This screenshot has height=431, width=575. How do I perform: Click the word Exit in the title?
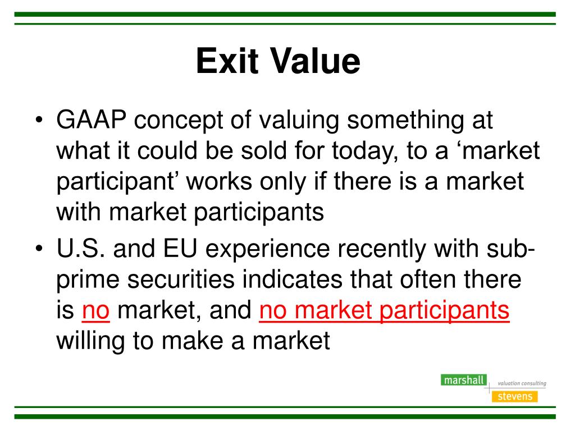click(x=227, y=61)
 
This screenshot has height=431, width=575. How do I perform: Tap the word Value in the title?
click(x=315, y=61)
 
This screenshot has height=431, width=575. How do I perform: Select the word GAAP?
click(x=92, y=120)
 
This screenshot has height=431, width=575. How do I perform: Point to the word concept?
click(x=178, y=121)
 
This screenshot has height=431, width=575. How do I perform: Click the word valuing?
click(x=299, y=121)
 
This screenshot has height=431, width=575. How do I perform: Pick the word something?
click(x=405, y=121)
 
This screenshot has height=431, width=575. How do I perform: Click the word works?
click(x=219, y=181)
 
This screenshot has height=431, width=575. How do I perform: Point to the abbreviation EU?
click(x=180, y=249)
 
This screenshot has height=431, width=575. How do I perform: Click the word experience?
click(x=267, y=250)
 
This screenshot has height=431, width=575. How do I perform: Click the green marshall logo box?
click(x=464, y=380)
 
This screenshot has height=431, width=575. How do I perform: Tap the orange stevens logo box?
click(x=515, y=397)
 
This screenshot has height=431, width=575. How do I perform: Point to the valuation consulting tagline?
click(x=522, y=383)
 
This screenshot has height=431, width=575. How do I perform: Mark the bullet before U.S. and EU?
click(x=39, y=249)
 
